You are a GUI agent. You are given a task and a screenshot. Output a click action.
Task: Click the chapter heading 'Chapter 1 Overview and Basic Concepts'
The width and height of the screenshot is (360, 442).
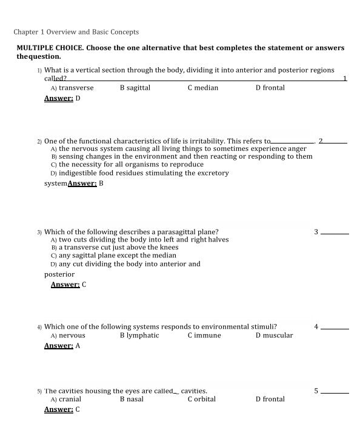76,32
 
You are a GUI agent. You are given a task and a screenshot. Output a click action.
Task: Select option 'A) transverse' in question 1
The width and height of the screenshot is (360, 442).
72,88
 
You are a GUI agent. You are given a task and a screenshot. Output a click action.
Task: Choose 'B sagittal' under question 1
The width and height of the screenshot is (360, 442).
135,88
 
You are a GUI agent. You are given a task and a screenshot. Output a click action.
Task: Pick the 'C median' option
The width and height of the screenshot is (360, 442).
202,88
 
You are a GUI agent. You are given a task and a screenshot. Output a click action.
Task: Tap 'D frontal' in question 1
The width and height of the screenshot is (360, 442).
270,88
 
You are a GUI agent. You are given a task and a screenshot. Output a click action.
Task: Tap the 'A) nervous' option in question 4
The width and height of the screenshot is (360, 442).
68,335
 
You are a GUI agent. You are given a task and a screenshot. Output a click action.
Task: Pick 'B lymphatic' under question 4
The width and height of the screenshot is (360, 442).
139,335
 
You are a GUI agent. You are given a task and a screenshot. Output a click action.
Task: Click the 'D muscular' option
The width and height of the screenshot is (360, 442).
274,335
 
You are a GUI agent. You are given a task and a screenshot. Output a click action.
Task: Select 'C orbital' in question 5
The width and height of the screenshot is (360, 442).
201,400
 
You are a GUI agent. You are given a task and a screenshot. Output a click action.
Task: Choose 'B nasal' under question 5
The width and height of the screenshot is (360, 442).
132,400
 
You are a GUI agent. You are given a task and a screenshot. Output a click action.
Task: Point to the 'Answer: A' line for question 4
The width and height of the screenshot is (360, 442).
62,346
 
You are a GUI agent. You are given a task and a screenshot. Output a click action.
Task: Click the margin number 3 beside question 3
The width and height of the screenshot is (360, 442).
316,231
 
